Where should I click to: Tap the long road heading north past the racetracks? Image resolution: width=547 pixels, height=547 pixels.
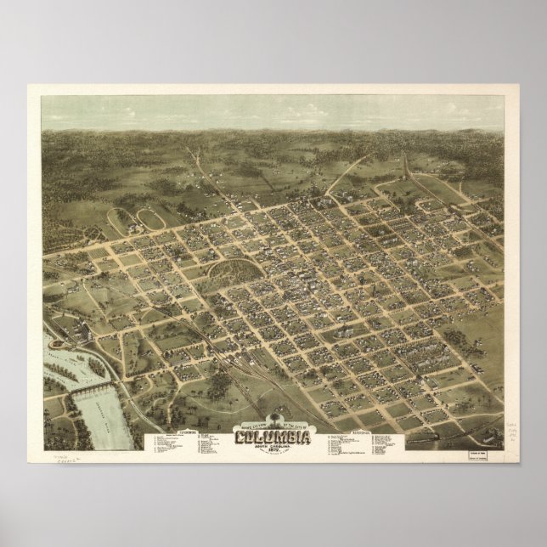pos(211,183)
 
